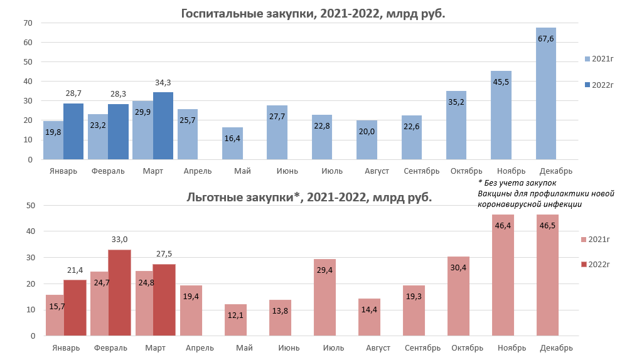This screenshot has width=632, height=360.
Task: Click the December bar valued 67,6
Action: coord(545,94)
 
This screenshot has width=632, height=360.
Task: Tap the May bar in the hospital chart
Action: coord(233,144)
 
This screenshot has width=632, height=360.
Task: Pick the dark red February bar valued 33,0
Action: coord(119,292)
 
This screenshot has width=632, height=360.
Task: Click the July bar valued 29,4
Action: coord(324,298)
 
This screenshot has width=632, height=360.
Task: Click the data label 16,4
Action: coord(233,138)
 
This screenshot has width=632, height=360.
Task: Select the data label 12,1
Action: coord(235,314)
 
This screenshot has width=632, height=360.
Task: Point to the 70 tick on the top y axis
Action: coord(28,23)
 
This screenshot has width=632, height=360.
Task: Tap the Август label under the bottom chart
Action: coord(377,347)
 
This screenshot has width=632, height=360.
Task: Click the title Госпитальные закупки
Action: coord(312,13)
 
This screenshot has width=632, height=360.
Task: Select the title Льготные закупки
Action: coord(309,197)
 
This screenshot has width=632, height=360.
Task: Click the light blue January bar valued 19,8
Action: coord(53,141)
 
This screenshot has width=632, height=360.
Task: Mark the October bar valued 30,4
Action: coord(458,295)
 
